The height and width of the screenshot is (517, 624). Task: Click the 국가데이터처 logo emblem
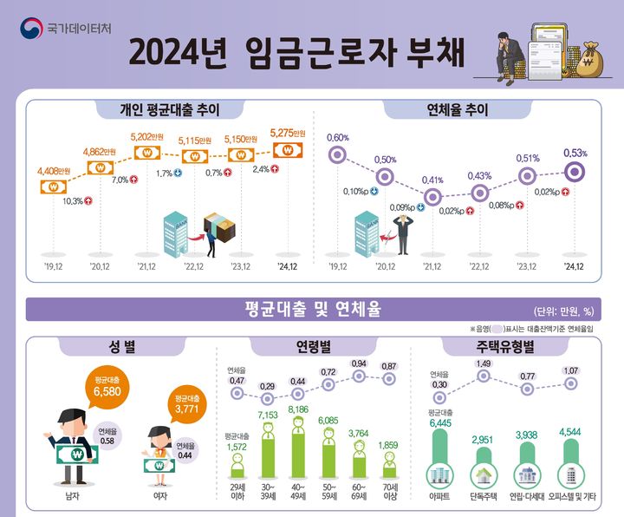[x=31, y=28]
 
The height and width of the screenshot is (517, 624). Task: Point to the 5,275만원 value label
[x=288, y=133]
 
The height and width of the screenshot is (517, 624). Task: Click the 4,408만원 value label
[x=53, y=172]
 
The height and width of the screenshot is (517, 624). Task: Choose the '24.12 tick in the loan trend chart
[x=287, y=266]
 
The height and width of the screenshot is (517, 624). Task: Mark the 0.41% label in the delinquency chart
[x=433, y=180]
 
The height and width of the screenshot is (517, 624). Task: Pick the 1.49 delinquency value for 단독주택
[x=483, y=363]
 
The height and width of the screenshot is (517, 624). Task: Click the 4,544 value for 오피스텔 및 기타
[x=571, y=431]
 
